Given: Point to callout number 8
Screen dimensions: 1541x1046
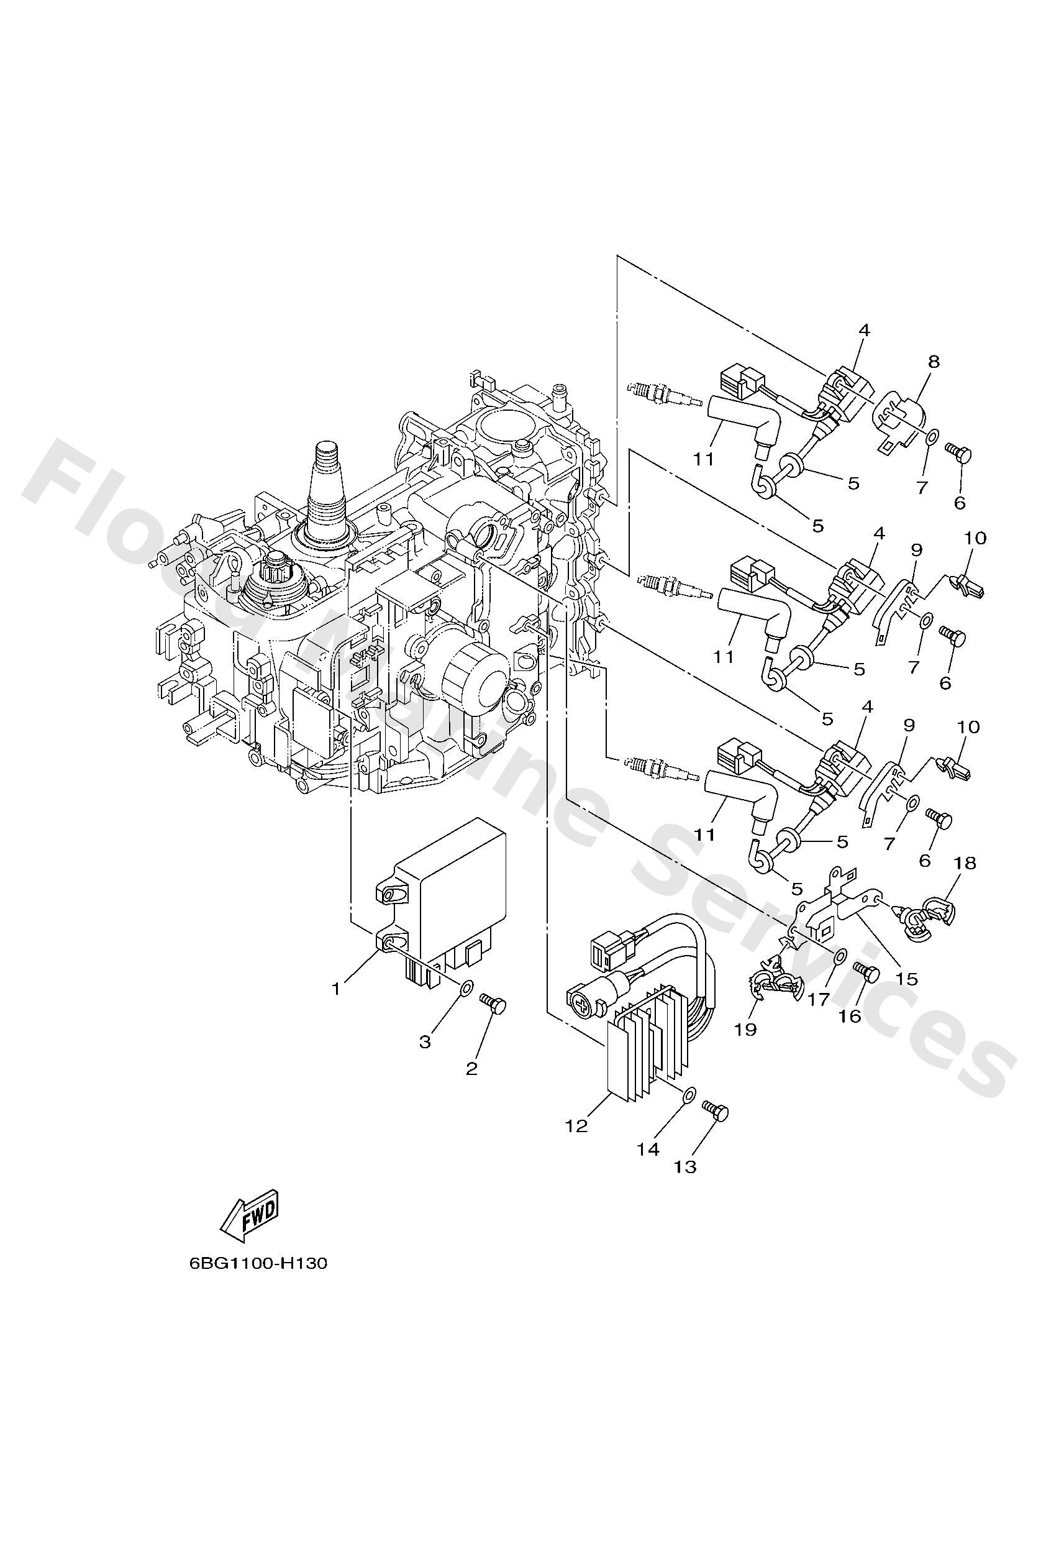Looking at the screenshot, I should pos(934,362).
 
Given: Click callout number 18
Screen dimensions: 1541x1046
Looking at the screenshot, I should pos(965,862).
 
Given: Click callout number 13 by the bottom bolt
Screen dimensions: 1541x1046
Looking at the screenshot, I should pos(685,1166).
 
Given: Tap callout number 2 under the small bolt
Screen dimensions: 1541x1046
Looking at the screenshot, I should pos(472,1069).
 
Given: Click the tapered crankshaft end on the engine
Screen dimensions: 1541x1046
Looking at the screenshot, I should pos(329,477).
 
